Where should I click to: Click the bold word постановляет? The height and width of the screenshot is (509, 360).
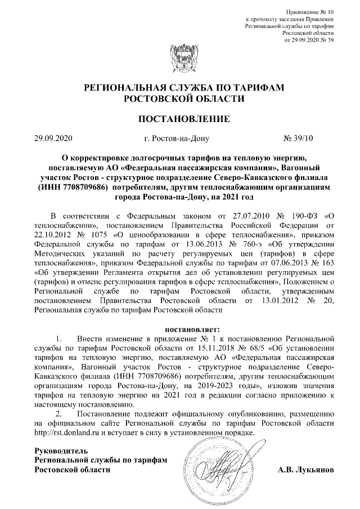coord(179,329)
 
